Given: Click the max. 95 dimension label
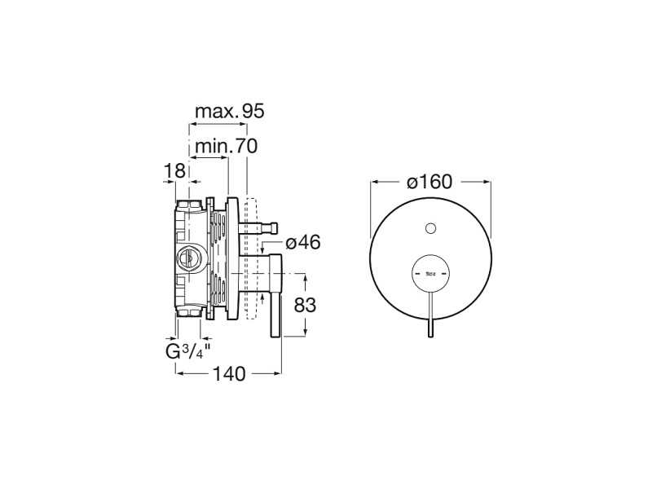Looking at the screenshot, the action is pos(230,112).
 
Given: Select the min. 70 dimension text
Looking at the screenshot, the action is pos(227,146).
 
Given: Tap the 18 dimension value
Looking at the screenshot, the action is pos(174,171).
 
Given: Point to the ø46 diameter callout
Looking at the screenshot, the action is pos(303,242).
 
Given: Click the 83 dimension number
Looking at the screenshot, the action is pos(305,305).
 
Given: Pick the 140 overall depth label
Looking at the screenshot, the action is pos(229,374).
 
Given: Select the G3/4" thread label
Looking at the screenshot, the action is pos(187,351).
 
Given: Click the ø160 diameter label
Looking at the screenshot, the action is pos(430,182).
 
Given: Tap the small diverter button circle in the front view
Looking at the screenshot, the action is pos(430,228).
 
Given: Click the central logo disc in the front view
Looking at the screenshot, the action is pos(430,273).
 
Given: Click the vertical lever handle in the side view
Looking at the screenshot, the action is pos(276,295).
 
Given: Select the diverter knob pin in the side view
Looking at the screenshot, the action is pos(258,228).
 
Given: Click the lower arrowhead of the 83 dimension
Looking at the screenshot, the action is pos(306,330).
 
